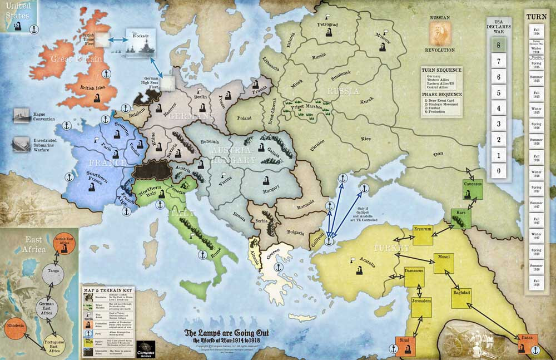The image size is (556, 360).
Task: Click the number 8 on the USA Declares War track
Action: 499,46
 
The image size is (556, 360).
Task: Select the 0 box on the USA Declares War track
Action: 499,170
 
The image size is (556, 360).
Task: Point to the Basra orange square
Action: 527,342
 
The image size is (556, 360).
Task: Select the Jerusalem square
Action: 421,304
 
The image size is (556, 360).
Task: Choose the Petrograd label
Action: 327,25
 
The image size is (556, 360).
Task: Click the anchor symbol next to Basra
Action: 537,350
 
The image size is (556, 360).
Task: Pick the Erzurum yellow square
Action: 423,234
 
